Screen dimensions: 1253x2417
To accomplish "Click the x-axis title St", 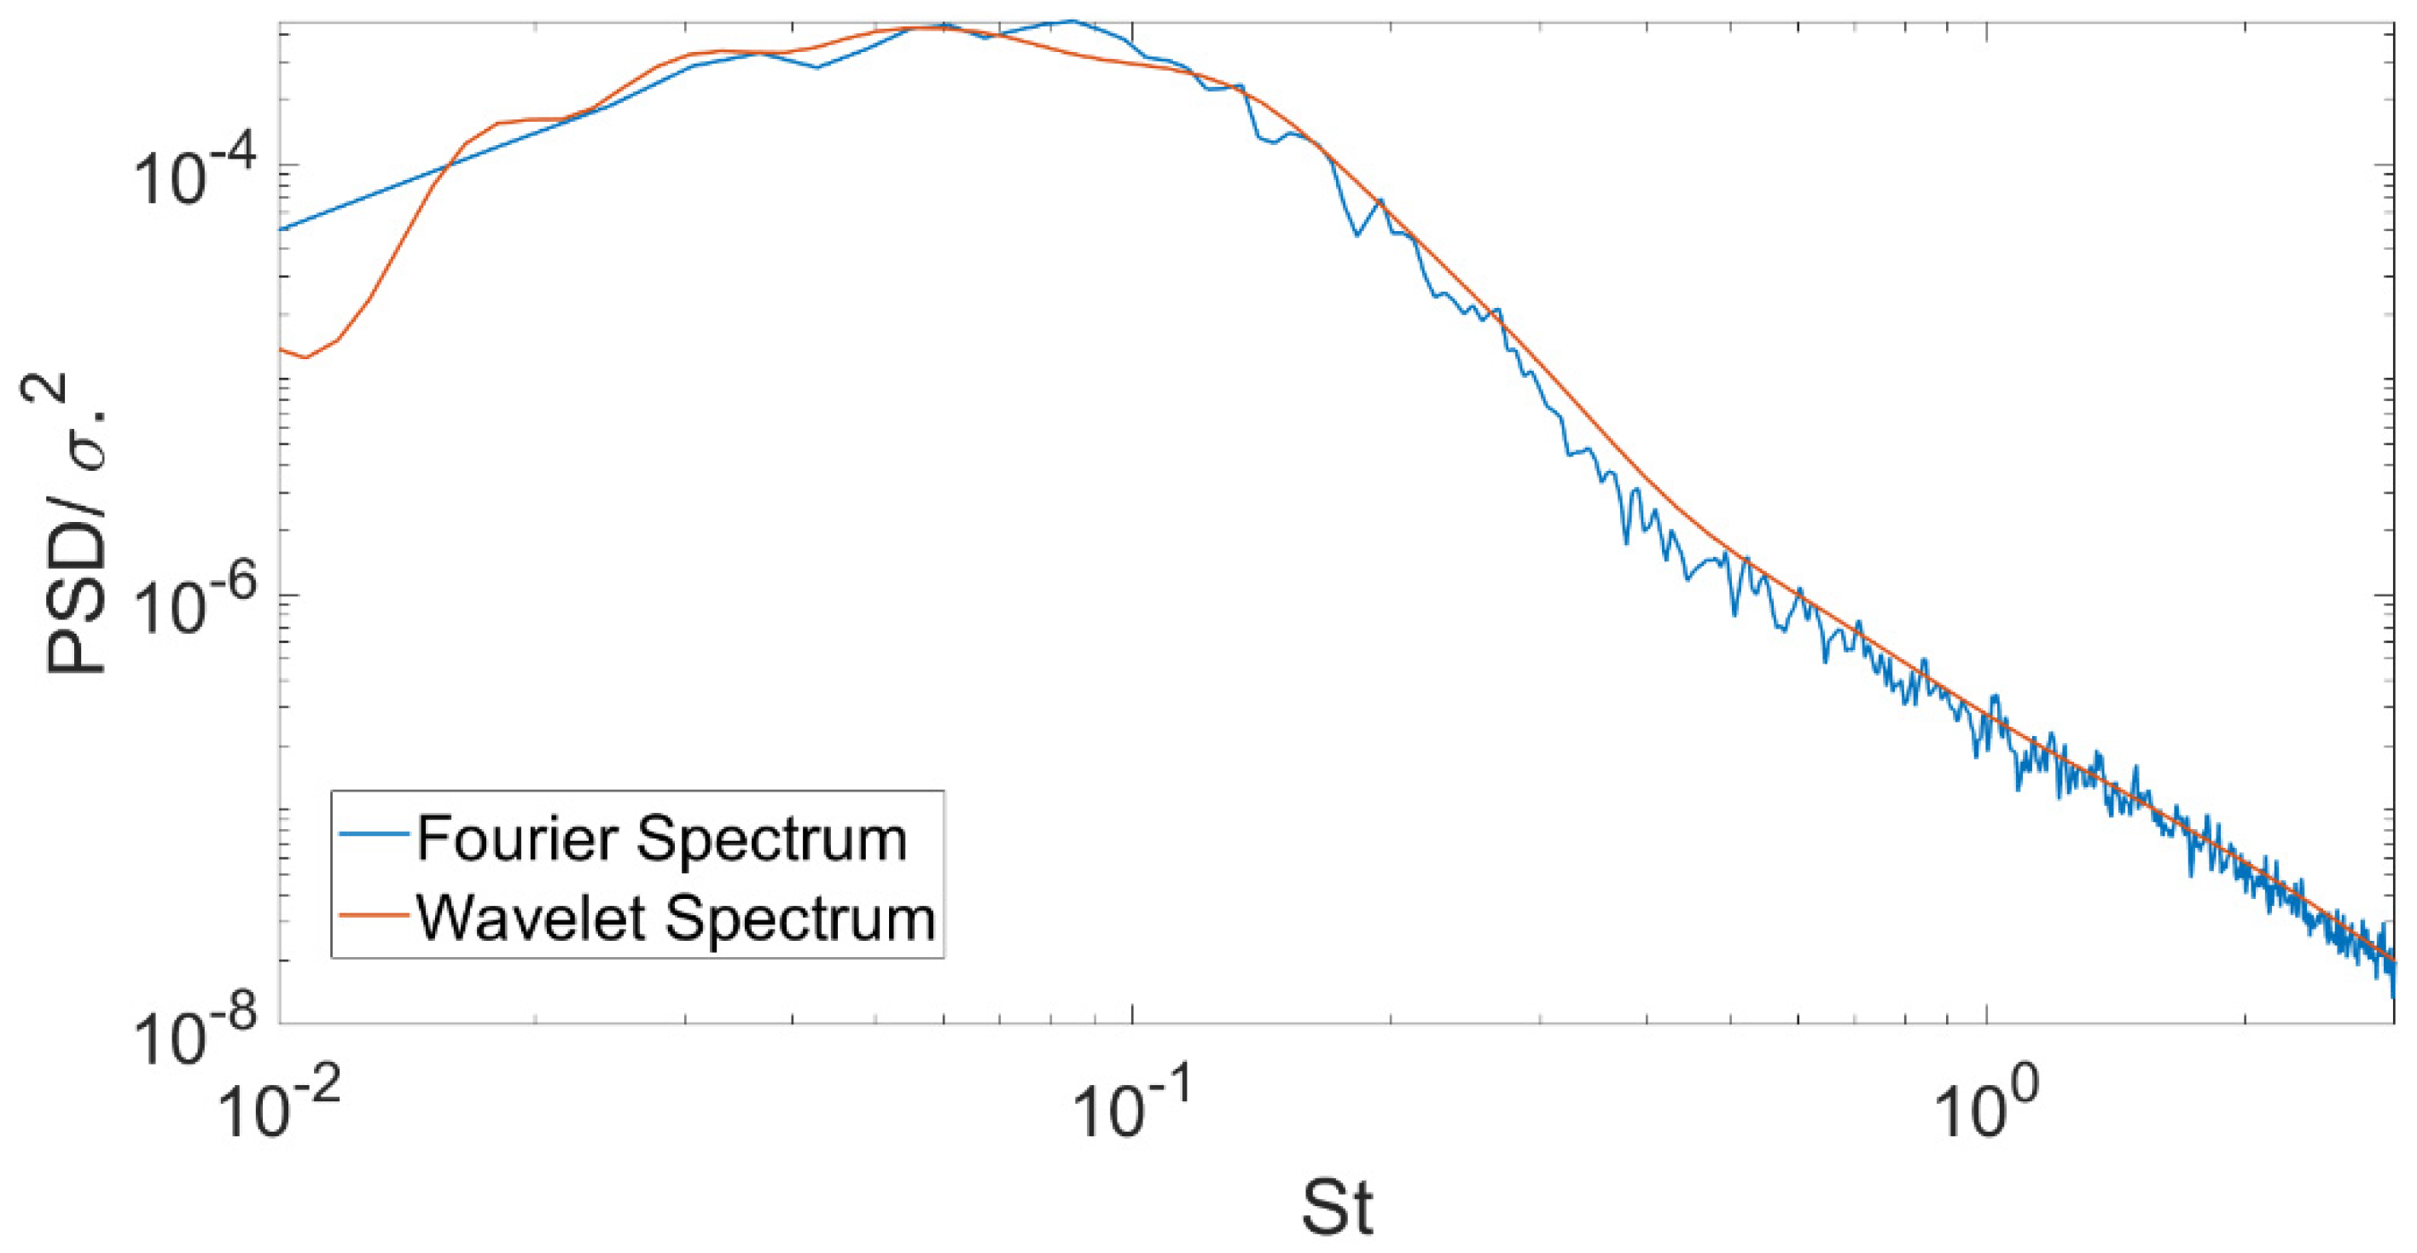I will point(1338,1209).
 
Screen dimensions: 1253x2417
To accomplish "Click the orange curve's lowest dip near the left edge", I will point(305,357).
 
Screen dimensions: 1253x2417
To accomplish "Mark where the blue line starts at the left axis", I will point(282,229).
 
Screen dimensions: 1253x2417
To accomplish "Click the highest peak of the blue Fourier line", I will point(1072,20).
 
